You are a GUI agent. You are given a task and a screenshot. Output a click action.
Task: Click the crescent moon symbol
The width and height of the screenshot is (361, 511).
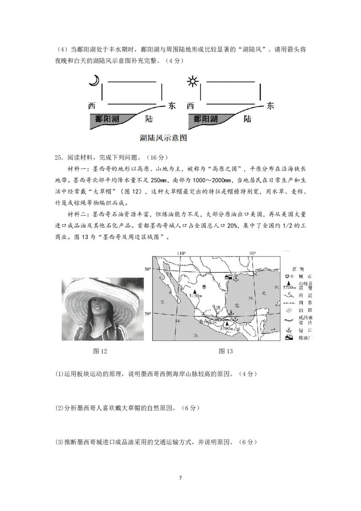click(94, 80)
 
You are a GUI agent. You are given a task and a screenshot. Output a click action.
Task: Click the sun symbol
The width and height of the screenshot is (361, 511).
click(193, 82)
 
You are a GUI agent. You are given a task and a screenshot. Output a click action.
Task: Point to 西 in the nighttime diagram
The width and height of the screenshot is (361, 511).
click(92, 106)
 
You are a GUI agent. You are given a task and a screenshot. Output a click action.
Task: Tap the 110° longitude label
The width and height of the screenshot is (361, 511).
click(181, 253)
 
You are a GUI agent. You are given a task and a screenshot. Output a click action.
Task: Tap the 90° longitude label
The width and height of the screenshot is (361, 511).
click(252, 253)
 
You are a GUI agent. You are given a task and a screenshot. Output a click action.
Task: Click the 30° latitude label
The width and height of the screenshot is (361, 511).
click(147, 269)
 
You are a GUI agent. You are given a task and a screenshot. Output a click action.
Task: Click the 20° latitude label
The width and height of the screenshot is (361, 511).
click(147, 313)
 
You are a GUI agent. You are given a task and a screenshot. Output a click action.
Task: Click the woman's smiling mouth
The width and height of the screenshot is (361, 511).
click(97, 311)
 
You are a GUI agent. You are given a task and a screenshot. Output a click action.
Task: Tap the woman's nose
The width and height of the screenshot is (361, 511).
click(96, 304)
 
